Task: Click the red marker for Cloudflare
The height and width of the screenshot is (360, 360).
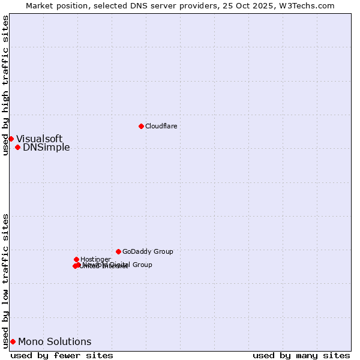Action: (141, 126)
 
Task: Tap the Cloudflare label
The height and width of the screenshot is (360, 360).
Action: (161, 126)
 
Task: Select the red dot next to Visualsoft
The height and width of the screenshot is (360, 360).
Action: (11, 139)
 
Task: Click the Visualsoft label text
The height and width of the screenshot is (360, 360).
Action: (39, 139)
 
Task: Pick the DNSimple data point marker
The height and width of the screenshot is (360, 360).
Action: (17, 147)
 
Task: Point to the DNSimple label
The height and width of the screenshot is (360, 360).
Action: (46, 148)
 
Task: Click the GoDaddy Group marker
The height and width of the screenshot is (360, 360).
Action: (118, 251)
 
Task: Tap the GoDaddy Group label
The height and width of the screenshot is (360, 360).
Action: (148, 252)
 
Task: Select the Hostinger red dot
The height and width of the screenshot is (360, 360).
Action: (76, 259)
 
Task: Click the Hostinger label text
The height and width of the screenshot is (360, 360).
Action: (95, 259)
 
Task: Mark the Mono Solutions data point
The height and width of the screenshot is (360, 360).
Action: (13, 341)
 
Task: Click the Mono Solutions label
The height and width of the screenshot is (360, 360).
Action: (55, 342)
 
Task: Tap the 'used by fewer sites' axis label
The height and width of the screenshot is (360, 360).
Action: (62, 356)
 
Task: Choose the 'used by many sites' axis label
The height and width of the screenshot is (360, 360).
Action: (301, 356)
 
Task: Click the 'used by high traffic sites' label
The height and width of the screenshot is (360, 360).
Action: (5, 85)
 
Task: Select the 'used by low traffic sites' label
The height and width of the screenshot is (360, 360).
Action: (5, 280)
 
